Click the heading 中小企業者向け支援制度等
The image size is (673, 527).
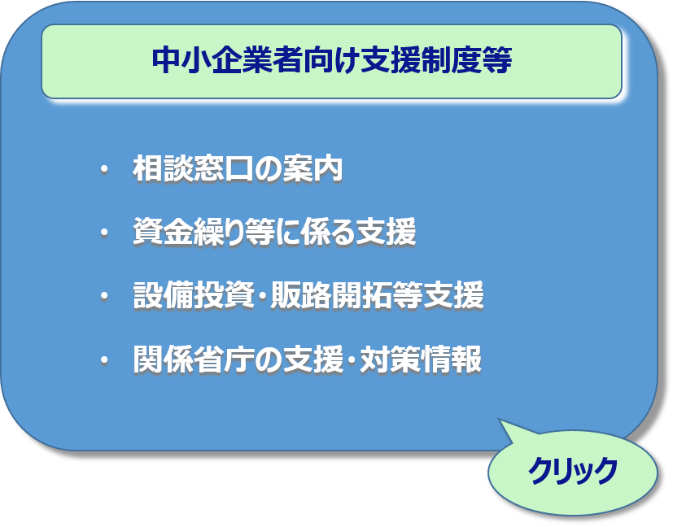tap(331, 62)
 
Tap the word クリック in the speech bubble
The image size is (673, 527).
tap(573, 472)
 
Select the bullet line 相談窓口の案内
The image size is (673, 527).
tap(237, 170)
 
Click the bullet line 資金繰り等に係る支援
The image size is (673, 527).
tap(274, 233)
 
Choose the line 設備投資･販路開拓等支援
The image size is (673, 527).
tap(308, 296)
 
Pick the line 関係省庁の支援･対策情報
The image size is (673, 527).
tap(307, 359)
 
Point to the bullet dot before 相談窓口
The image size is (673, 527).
tap(103, 170)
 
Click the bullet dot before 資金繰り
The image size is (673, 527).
tap(103, 233)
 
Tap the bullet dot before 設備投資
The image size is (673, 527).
tap(103, 296)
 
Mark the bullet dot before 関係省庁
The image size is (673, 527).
tap(103, 359)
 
